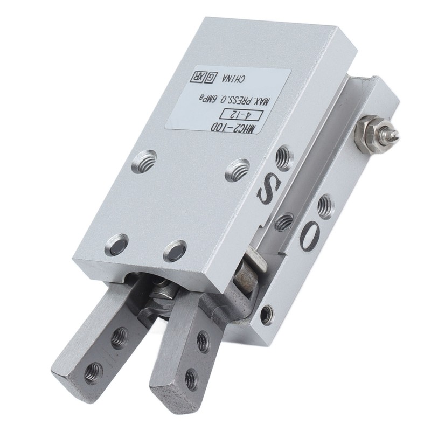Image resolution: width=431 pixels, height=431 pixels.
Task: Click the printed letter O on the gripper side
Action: point(311,236)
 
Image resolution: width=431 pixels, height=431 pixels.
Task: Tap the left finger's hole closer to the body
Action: point(119,338)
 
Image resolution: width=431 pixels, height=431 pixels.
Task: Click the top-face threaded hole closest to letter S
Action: point(237,170)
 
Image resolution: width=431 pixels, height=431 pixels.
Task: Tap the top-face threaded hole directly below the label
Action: point(143,161)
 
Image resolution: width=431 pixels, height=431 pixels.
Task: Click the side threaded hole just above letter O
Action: point(325,206)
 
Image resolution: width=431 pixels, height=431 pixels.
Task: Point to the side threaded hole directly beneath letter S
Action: point(283,221)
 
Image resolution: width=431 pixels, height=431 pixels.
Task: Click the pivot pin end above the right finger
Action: point(247,275)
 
